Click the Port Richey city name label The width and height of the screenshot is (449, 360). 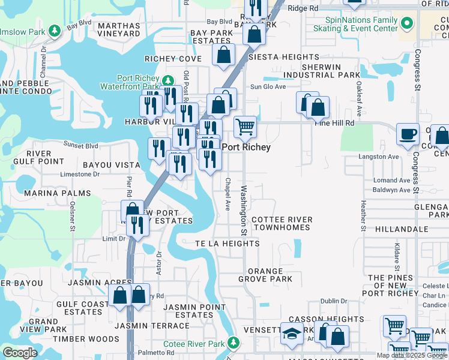coord(246,147)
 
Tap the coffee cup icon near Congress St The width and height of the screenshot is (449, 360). coord(408,134)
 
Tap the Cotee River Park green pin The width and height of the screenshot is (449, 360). coord(234,344)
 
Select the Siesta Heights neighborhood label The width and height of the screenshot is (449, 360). coord(276,57)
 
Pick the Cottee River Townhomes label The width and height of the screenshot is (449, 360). coord(282,224)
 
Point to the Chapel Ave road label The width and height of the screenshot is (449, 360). coord(228,194)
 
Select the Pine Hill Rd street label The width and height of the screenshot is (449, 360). coord(335,122)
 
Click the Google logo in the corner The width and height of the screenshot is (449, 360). coord(20,353)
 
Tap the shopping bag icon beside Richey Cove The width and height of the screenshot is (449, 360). coord(223,55)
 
